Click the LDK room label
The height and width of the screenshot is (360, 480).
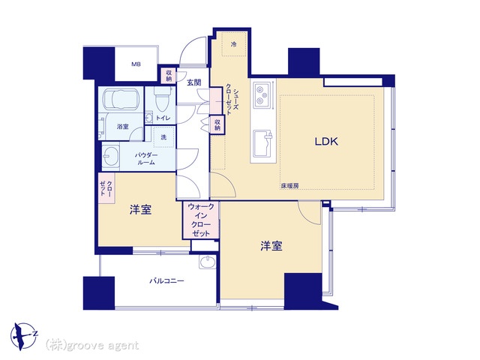(x=326, y=142)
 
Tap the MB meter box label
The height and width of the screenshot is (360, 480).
(x=136, y=64)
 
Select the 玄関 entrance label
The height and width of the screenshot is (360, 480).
(x=194, y=82)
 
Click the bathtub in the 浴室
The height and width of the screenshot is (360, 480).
(x=121, y=99)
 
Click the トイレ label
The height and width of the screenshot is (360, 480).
(x=163, y=118)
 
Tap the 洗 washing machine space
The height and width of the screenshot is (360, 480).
(x=163, y=136)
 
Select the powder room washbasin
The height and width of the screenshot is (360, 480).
(x=110, y=155)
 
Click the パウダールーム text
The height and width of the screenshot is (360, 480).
(x=146, y=158)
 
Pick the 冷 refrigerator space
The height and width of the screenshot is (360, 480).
(x=234, y=43)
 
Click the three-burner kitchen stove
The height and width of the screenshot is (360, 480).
(x=263, y=95)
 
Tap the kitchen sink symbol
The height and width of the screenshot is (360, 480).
(x=263, y=143)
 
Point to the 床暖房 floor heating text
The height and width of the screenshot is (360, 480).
(x=289, y=185)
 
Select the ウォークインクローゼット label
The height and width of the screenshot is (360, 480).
(x=201, y=220)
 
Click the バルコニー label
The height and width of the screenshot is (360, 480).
(x=166, y=280)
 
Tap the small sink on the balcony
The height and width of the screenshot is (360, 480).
(x=208, y=262)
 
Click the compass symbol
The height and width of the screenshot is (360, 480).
(x=24, y=336)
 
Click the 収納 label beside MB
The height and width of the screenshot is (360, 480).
(x=169, y=75)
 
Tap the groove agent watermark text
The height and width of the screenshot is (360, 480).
(x=91, y=345)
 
